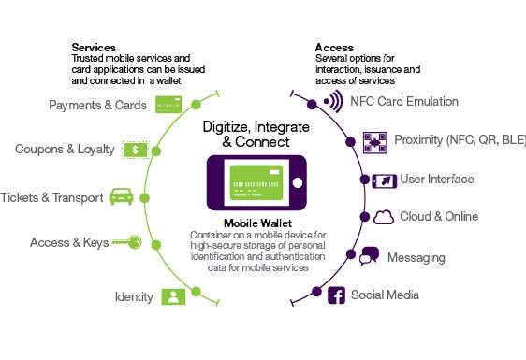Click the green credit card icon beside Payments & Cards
[x=163, y=106]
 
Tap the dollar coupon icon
[x=136, y=150]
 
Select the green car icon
[x=122, y=195]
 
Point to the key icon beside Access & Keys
[x=128, y=242]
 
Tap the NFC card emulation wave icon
[x=331, y=101]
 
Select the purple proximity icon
[x=374, y=141]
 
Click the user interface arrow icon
[x=382, y=179]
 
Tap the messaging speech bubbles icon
[x=370, y=256]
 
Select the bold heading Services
[x=93, y=47]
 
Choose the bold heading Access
[x=333, y=47]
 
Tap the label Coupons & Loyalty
[x=65, y=150]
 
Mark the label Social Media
[x=385, y=295]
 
